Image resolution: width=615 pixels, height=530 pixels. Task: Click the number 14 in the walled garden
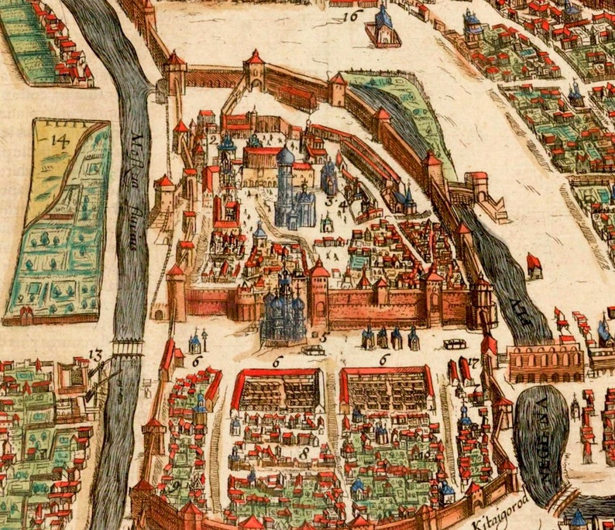[59, 140]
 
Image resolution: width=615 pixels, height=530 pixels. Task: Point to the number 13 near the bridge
[96, 356]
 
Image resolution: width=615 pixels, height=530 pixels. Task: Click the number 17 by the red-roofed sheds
[473, 362]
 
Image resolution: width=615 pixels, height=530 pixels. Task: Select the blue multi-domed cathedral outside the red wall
[283, 310]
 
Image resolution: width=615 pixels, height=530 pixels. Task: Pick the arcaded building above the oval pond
[545, 363]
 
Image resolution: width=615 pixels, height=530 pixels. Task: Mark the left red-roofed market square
[277, 389]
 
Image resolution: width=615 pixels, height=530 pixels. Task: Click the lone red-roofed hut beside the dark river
[534, 264]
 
